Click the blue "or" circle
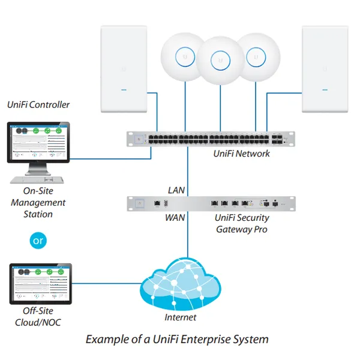tap(38, 241)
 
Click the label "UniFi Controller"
tap(38, 105)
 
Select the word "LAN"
tap(176, 190)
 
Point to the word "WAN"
tap(175, 218)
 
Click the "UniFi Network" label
tap(241, 154)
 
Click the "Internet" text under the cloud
tap(180, 317)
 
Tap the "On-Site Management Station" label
tap(38, 203)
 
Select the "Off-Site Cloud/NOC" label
tap(38, 317)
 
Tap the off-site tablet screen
tap(40, 283)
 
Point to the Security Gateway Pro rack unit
tap(214, 204)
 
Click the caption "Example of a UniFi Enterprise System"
tap(177, 340)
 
